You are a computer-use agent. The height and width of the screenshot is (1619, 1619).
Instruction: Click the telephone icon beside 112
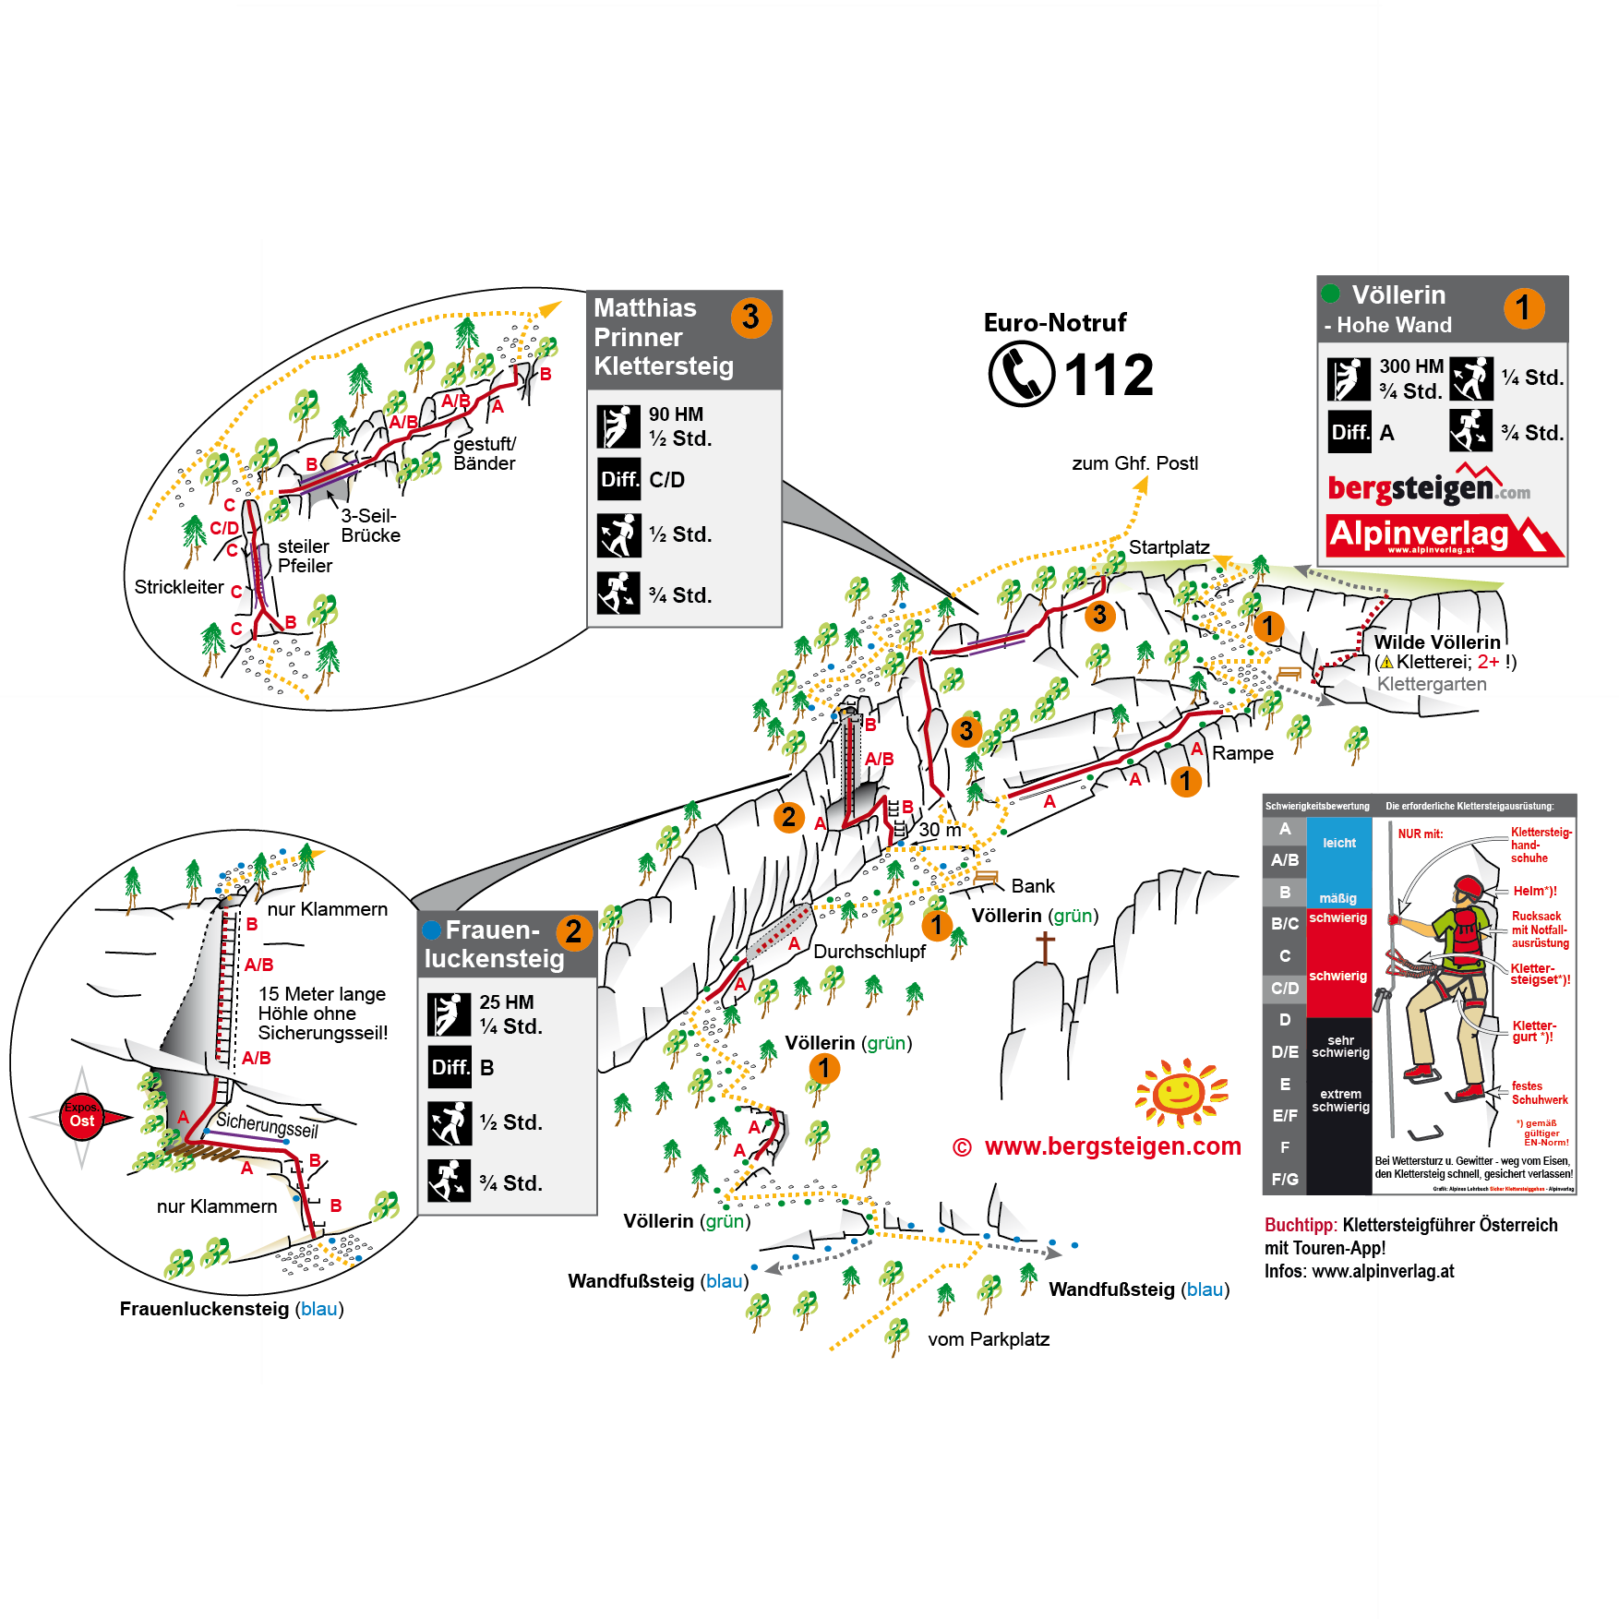(1021, 374)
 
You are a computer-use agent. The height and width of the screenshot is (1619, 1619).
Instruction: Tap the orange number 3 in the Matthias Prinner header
(751, 317)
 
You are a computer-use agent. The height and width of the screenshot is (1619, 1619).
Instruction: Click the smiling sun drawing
(1181, 1094)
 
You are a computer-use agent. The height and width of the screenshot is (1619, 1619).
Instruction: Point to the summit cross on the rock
(1045, 947)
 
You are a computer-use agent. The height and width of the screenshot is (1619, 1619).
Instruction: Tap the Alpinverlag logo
(1444, 535)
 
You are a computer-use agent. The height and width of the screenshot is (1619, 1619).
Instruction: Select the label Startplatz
(1169, 547)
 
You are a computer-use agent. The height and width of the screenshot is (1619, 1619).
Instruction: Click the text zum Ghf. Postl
(1134, 463)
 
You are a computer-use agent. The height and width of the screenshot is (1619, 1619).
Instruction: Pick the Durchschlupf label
(869, 952)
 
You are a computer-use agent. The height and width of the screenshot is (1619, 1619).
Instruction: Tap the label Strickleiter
(179, 587)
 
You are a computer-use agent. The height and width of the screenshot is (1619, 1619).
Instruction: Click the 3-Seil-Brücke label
(370, 525)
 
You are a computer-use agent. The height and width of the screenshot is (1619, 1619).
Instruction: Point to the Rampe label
(1242, 753)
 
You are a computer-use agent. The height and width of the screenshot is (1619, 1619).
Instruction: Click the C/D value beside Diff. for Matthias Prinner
(666, 480)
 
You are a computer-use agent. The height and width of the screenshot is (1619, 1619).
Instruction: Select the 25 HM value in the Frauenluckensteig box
(506, 1002)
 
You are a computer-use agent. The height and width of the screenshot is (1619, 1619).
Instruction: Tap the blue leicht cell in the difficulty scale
(1338, 844)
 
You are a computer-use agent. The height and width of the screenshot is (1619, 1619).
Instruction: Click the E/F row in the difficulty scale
(1284, 1116)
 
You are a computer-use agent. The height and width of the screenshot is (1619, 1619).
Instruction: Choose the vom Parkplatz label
(989, 1339)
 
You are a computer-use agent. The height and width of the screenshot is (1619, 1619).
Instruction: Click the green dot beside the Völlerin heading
(1330, 294)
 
